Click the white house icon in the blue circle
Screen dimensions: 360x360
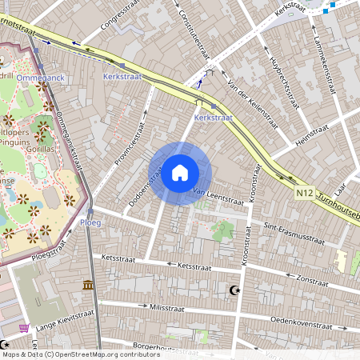pyautogui.click(x=180, y=173)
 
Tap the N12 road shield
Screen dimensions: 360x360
pyautogui.click(x=304, y=192)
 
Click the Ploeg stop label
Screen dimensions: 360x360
pyautogui.click(x=90, y=222)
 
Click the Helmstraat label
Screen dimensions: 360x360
pyautogui.click(x=314, y=134)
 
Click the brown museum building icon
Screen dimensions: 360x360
pyautogui.click(x=88, y=286)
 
